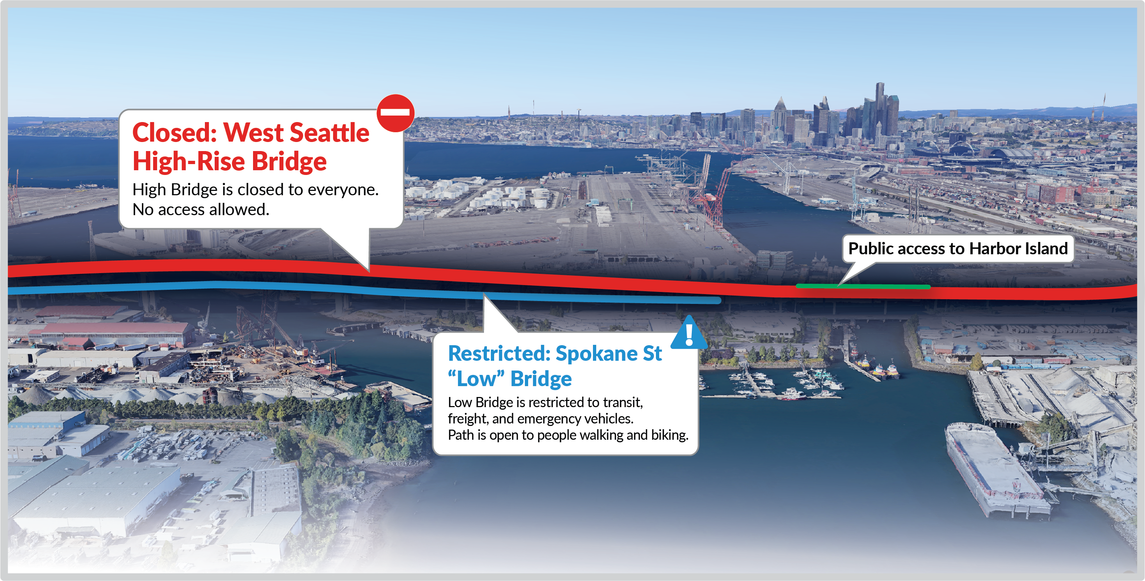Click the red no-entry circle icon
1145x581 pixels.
[395, 113]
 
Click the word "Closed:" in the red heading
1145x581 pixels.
[174, 133]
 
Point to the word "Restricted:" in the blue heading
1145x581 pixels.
[499, 354]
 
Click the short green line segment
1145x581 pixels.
[862, 286]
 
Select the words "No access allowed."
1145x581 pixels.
[201, 209]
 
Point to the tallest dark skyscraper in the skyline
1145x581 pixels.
[880, 107]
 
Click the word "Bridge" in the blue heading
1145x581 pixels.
[540, 379]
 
